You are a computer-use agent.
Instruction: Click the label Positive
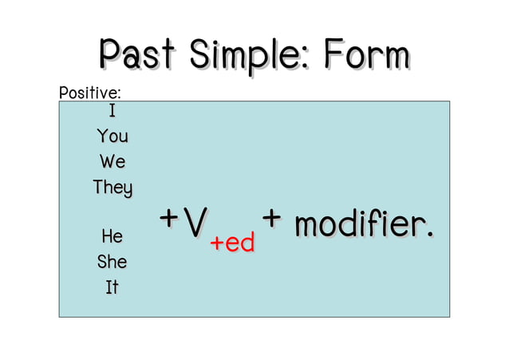click(87, 93)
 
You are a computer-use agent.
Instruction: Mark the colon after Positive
click(119, 95)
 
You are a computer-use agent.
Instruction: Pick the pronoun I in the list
click(112, 111)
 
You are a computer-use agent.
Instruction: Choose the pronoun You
click(112, 136)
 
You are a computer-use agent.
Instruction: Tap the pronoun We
click(112, 162)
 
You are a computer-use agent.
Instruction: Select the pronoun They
click(112, 188)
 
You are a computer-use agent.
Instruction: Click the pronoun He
click(112, 236)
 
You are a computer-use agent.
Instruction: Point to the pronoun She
click(112, 262)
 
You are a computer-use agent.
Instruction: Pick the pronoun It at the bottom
click(112, 287)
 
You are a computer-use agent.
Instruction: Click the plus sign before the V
click(168, 218)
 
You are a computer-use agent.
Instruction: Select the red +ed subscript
click(232, 243)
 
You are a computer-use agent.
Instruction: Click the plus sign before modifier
click(272, 218)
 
